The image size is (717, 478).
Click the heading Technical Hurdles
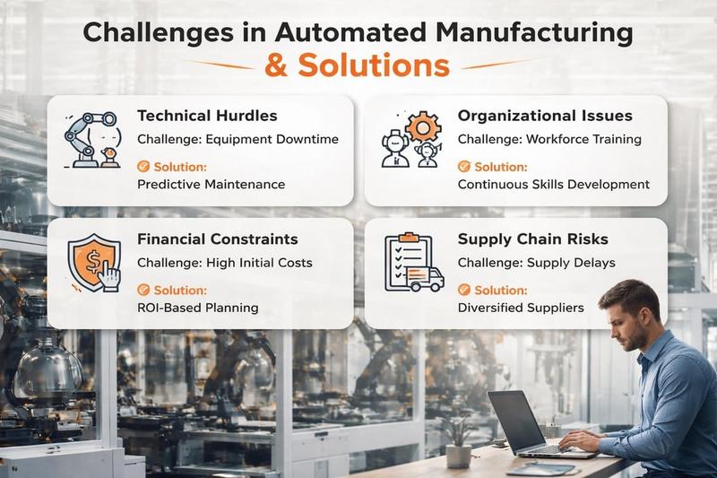pyautogui.click(x=207, y=116)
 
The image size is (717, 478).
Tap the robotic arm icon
pyautogui.click(x=92, y=140)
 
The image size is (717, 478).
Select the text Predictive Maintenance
pyautogui.click(x=211, y=184)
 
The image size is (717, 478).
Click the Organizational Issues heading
pyautogui.click(x=545, y=116)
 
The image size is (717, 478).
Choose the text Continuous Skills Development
pyautogui.click(x=553, y=184)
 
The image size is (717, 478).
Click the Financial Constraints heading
pyautogui.click(x=218, y=239)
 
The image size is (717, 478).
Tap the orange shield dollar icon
pyautogui.click(x=93, y=264)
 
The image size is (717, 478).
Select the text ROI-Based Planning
pyautogui.click(x=197, y=308)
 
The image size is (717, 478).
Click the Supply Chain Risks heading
pyautogui.click(x=532, y=239)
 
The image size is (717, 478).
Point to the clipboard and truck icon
pyautogui.click(x=413, y=264)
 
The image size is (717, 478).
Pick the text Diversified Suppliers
pyautogui.click(x=521, y=308)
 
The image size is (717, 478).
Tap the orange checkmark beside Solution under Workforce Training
pyautogui.click(x=463, y=167)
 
